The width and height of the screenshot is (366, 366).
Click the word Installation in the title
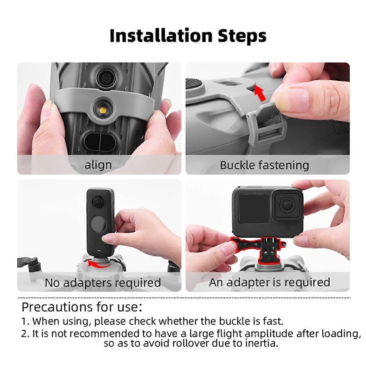coord(161,36)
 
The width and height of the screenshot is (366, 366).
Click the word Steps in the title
coord(242,36)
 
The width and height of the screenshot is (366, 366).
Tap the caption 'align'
coord(98,165)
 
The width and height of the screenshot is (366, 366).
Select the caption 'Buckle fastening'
coord(264,165)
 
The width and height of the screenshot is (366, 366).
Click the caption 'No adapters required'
coord(103,283)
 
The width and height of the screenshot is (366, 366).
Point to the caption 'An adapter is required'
coord(269,282)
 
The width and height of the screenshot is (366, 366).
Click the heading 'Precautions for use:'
coord(82,307)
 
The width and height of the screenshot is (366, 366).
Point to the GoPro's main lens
coord(287,205)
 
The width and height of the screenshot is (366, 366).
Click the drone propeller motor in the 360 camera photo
coord(34,264)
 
